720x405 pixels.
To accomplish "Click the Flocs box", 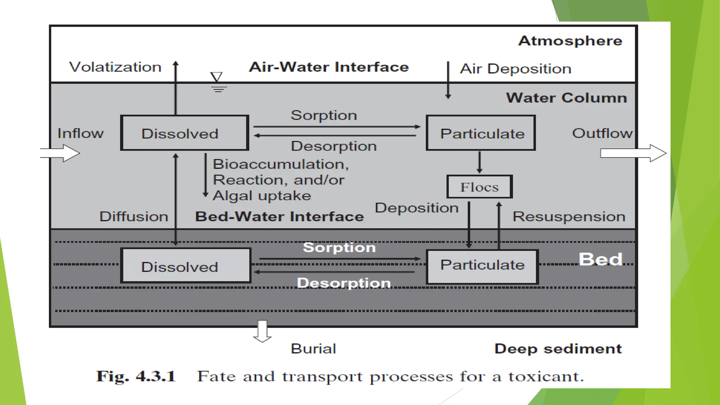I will point(480,187).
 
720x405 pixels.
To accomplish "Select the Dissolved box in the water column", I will point(185,133).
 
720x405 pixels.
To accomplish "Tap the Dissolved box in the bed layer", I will point(186,266).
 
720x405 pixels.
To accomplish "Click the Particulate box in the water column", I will point(481,133).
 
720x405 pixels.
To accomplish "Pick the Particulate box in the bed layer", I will point(482,267).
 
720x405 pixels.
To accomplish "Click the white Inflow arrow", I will point(60,153).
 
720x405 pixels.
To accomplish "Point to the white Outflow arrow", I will point(633,153).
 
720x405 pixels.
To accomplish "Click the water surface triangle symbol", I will point(217,77).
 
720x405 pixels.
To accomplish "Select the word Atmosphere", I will point(570,41).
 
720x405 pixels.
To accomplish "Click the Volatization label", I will point(115,67).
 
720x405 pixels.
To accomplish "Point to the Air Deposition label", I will point(515,69).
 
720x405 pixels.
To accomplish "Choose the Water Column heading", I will point(566,98).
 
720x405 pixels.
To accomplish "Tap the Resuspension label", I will point(569,217).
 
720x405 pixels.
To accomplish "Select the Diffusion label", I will point(134,217).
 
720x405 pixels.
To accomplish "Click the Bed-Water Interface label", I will point(279,217).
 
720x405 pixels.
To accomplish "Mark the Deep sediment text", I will point(558,349).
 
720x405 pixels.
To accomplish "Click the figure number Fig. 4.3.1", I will point(136,376).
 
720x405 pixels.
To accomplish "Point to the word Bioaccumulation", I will point(280,164).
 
